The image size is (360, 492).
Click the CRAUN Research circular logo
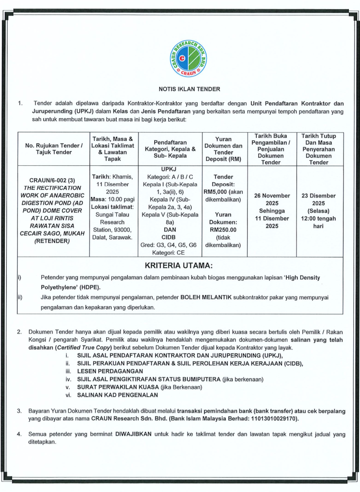point(188,59)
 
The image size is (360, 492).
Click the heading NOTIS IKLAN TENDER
point(189,89)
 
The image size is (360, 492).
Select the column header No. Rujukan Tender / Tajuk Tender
point(53,148)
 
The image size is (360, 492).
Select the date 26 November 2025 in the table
point(272,199)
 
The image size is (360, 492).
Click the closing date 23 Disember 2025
point(319,199)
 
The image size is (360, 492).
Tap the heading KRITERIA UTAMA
point(179,266)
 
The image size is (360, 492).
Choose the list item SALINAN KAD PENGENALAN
point(117,395)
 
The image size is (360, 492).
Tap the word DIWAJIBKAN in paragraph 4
point(132,434)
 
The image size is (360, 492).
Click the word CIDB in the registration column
point(168,237)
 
